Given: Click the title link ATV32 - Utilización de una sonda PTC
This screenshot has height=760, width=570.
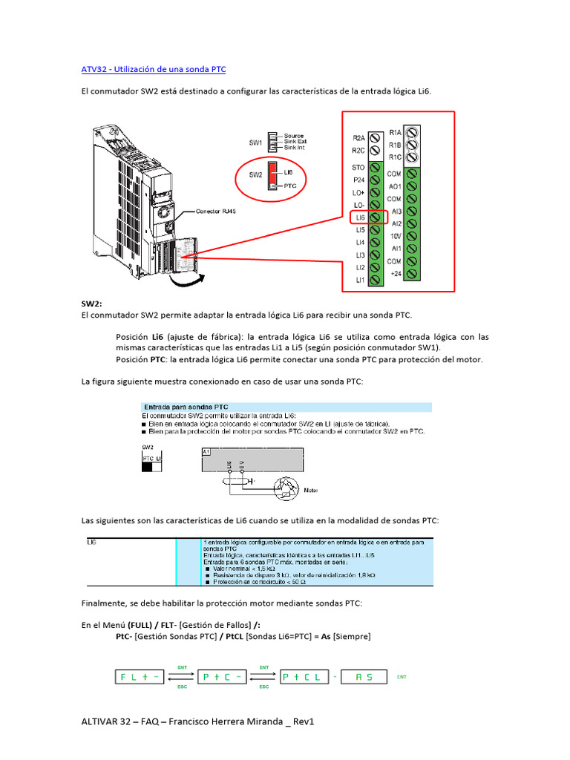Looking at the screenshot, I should click(x=154, y=69).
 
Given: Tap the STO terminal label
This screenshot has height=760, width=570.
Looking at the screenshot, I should click(x=358, y=168).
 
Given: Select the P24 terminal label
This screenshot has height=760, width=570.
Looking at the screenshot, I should click(x=358, y=180).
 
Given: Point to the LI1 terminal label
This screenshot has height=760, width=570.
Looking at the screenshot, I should click(x=359, y=280).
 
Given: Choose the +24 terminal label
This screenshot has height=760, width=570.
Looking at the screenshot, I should click(x=395, y=273).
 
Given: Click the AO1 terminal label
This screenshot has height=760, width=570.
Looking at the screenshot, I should click(x=395, y=186).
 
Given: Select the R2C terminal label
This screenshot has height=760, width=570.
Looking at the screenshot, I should click(x=358, y=150).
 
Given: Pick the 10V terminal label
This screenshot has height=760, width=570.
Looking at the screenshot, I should click(x=396, y=235).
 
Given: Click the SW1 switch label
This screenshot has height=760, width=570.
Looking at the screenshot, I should click(x=255, y=142).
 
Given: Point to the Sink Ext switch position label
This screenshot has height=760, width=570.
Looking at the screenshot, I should click(x=295, y=142).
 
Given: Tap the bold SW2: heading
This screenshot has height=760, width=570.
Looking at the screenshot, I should click(x=92, y=304).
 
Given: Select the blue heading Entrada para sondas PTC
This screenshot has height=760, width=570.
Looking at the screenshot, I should click(x=186, y=407).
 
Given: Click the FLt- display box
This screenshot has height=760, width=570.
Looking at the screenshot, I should click(x=139, y=677).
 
